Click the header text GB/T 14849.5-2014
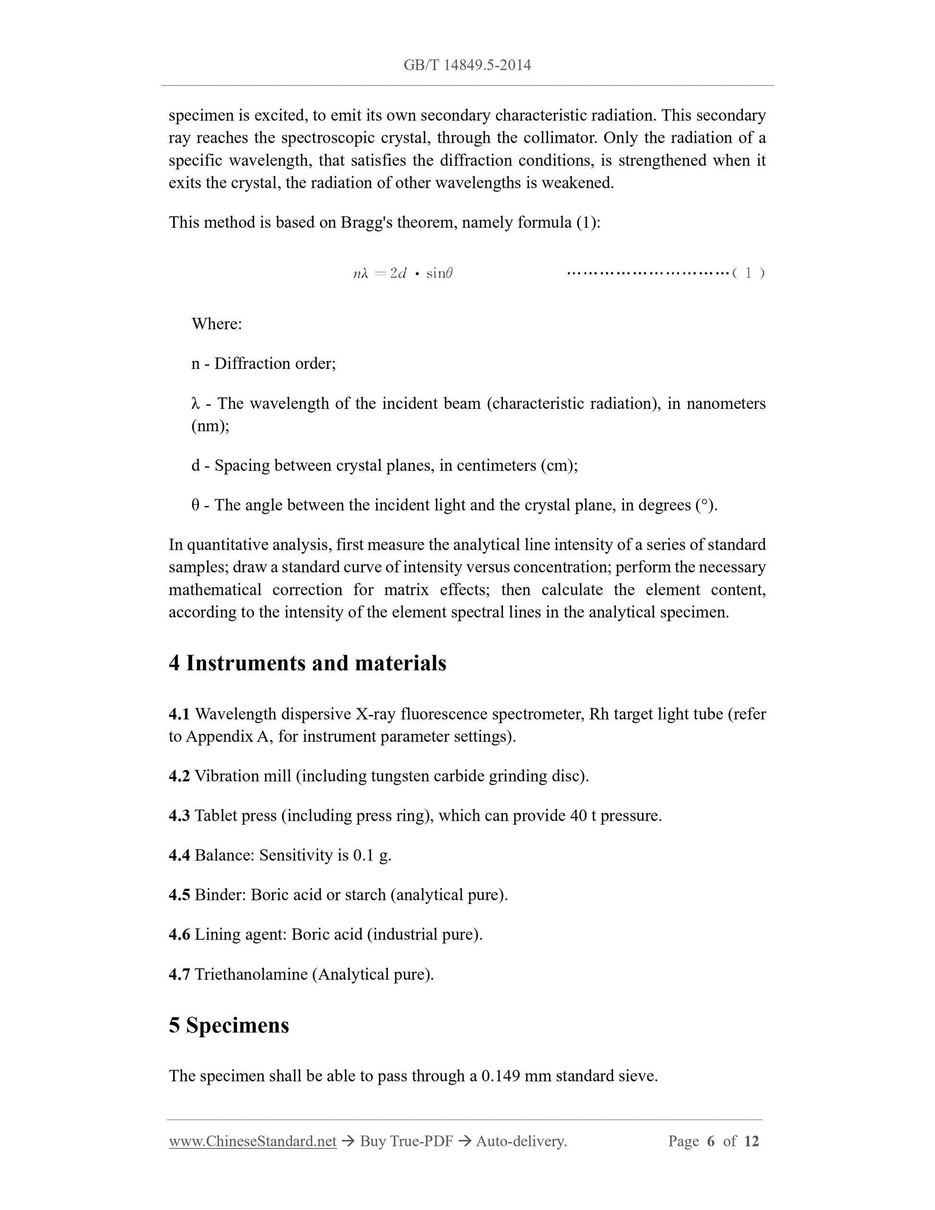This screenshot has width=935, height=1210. (467, 65)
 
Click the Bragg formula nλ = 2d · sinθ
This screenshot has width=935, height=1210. (403, 273)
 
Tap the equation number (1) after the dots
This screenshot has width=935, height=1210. (748, 273)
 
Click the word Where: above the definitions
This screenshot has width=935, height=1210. (217, 323)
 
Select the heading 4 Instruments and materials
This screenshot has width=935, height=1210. (308, 663)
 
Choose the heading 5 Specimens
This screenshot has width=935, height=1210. (229, 1025)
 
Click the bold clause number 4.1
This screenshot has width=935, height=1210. (179, 714)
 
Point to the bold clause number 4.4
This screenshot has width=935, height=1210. (179, 855)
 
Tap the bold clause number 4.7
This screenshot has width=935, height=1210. (179, 975)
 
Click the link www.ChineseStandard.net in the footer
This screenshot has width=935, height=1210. (253, 1141)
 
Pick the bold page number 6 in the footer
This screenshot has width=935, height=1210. (711, 1141)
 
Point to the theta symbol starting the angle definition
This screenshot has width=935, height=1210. (196, 505)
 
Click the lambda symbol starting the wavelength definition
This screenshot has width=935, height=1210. (195, 404)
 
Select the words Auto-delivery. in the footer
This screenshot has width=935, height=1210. (521, 1141)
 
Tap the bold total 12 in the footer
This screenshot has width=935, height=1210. (751, 1141)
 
